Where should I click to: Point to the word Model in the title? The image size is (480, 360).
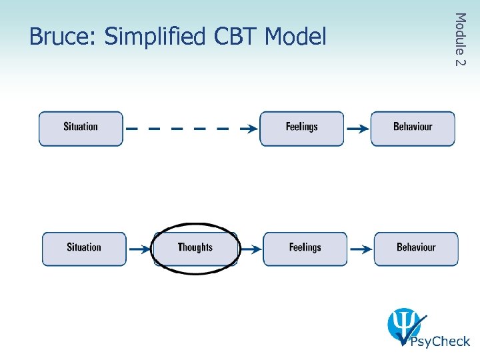click(x=295, y=37)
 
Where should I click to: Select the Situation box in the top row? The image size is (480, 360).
click(x=81, y=128)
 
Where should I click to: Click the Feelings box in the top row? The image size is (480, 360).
click(x=301, y=128)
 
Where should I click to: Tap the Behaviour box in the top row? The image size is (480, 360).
click(x=413, y=128)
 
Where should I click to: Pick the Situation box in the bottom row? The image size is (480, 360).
click(x=84, y=249)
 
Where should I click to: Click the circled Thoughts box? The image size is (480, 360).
click(x=195, y=249)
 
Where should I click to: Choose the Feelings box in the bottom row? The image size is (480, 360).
click(x=305, y=249)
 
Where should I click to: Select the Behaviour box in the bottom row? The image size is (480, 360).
click(x=416, y=249)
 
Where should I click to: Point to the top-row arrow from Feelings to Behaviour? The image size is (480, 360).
click(x=357, y=129)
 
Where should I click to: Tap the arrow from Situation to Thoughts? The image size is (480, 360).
click(x=140, y=249)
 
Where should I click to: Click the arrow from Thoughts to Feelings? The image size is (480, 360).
click(x=251, y=249)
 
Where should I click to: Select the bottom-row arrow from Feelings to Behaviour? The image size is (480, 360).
click(x=361, y=249)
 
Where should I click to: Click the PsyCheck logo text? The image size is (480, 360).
click(x=440, y=341)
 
